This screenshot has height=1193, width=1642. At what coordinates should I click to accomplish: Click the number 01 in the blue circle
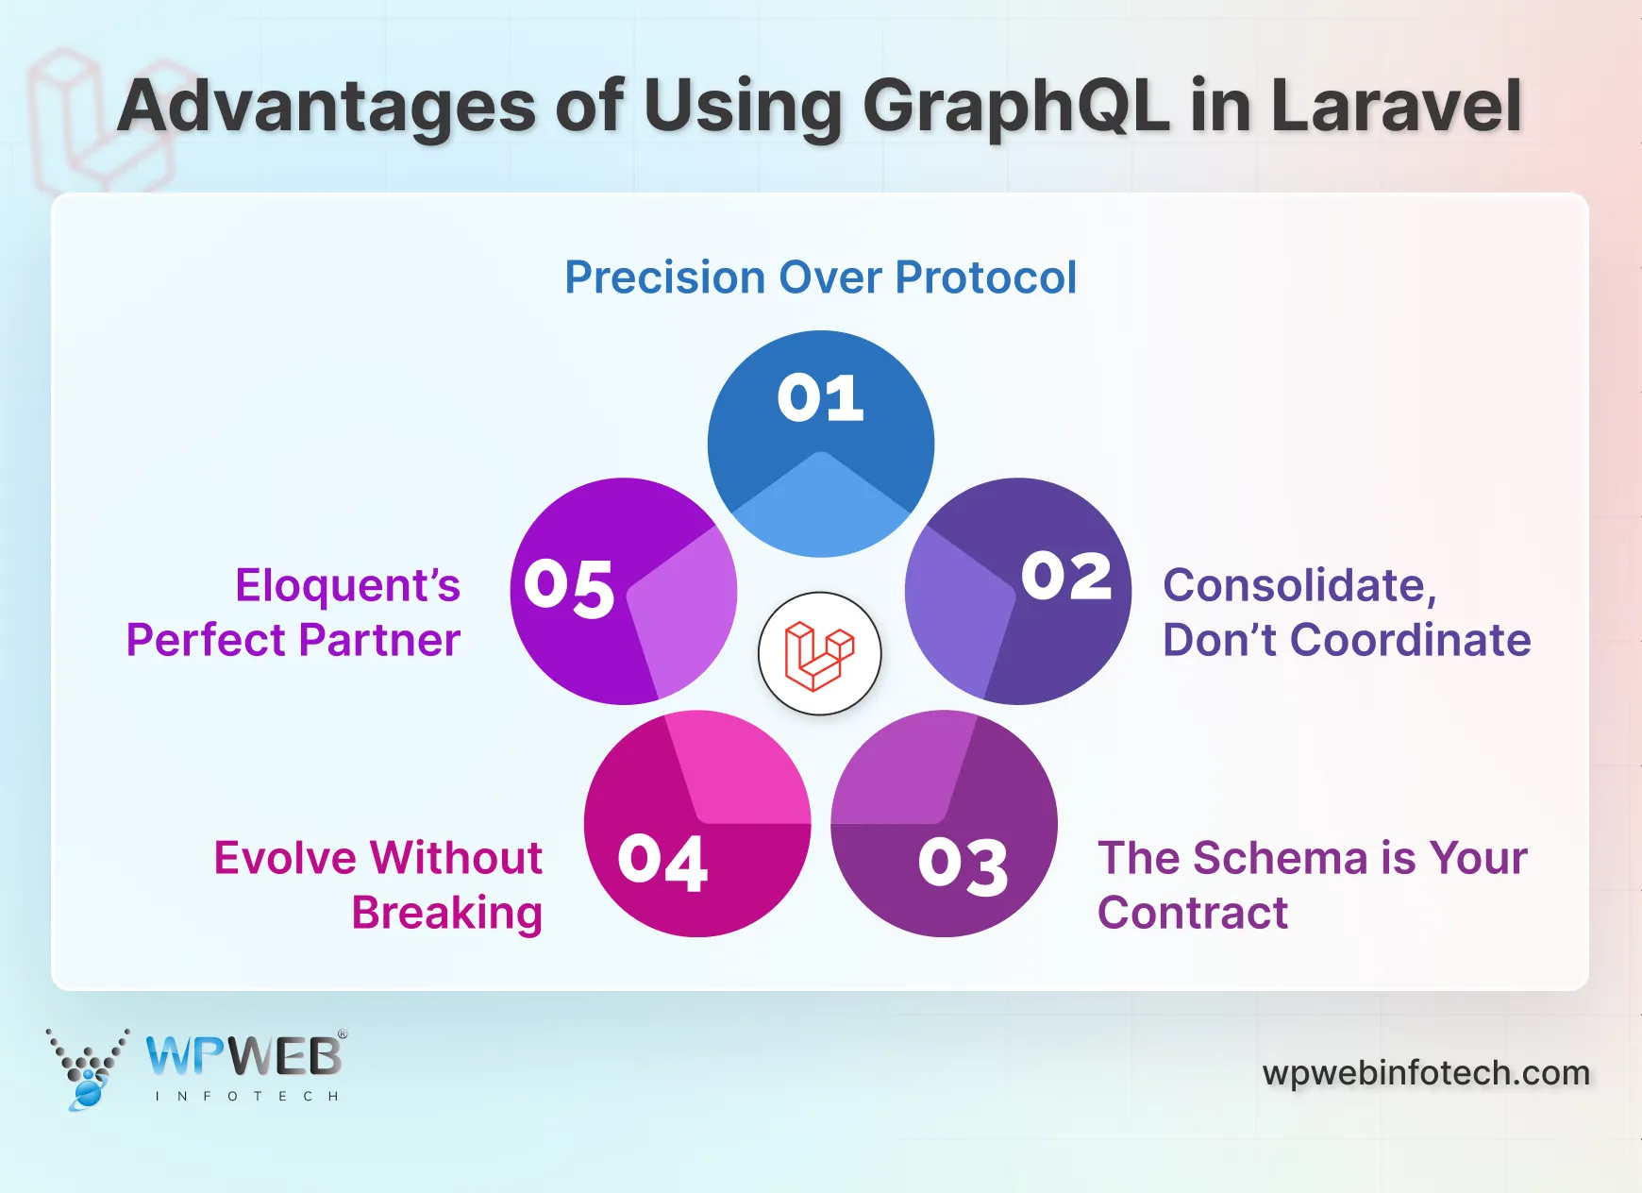[x=820, y=398]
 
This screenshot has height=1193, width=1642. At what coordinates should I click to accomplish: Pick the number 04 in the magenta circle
[x=662, y=862]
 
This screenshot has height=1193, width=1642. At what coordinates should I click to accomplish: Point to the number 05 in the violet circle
[x=569, y=588]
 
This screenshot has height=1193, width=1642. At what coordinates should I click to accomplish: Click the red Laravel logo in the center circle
[x=819, y=654]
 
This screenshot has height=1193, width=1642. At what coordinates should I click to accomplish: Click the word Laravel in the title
[x=1397, y=106]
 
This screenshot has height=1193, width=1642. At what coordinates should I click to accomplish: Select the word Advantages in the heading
[x=327, y=106]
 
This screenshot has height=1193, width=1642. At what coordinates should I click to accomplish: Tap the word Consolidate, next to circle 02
[x=1299, y=586]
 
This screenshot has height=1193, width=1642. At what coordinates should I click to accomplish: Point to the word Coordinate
[x=1410, y=640]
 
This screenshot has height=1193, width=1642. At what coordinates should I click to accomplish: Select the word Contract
[x=1193, y=913]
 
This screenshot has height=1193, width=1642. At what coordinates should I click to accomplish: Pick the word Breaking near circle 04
[x=447, y=913]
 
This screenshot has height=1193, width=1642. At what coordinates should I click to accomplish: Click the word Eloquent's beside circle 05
[x=347, y=586]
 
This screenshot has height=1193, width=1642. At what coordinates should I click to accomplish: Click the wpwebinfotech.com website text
[x=1426, y=1073]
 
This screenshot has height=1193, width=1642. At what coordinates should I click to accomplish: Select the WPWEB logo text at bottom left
[x=243, y=1057]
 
